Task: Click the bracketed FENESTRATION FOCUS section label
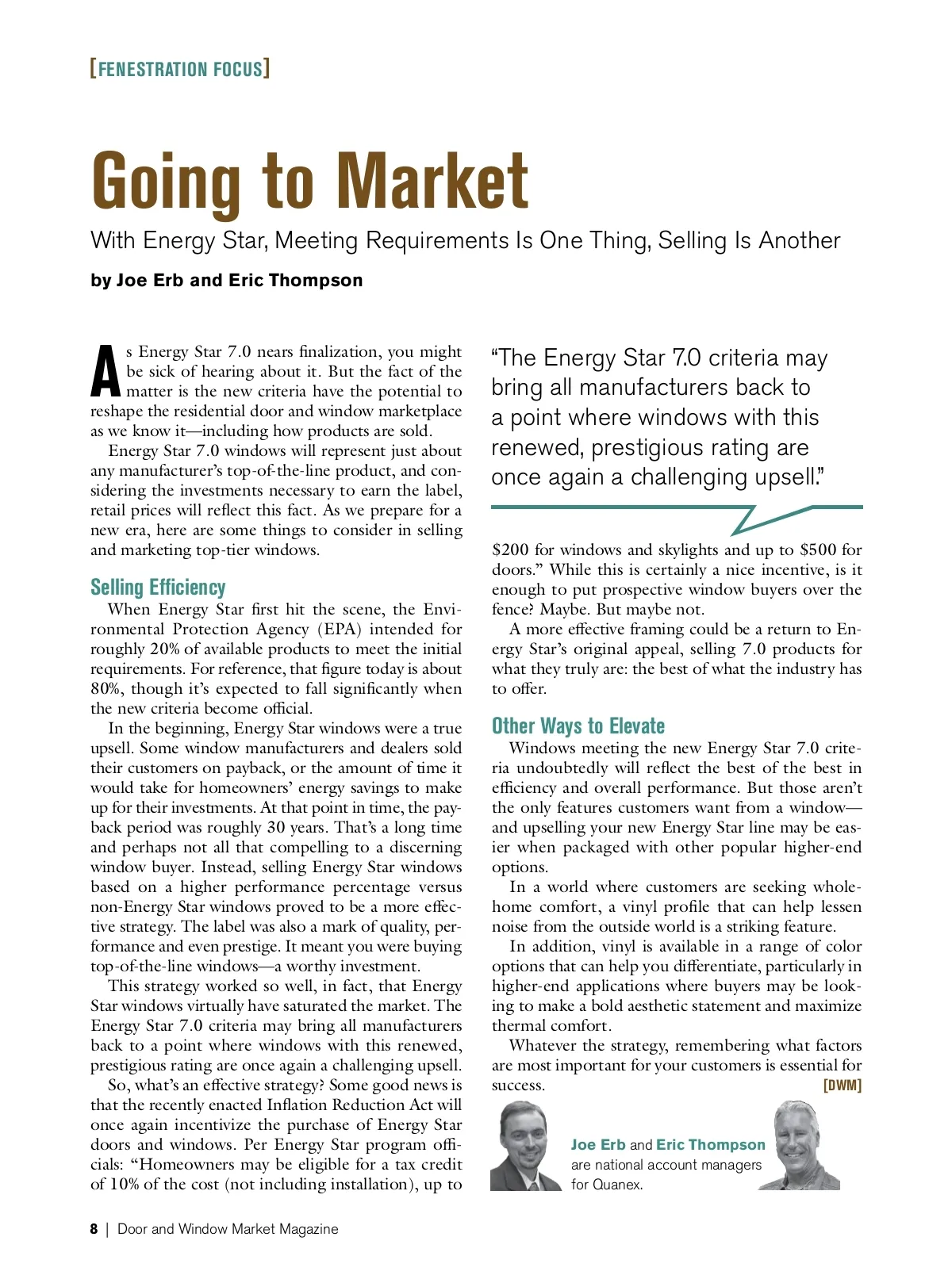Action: click(180, 69)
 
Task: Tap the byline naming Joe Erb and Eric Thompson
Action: click(226, 281)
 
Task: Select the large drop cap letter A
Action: click(106, 371)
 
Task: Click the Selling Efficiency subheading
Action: click(158, 588)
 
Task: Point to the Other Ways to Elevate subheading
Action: click(578, 726)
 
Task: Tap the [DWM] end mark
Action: click(843, 1086)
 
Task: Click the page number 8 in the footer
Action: click(94, 1229)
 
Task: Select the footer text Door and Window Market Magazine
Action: click(228, 1229)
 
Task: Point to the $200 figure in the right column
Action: click(509, 550)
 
